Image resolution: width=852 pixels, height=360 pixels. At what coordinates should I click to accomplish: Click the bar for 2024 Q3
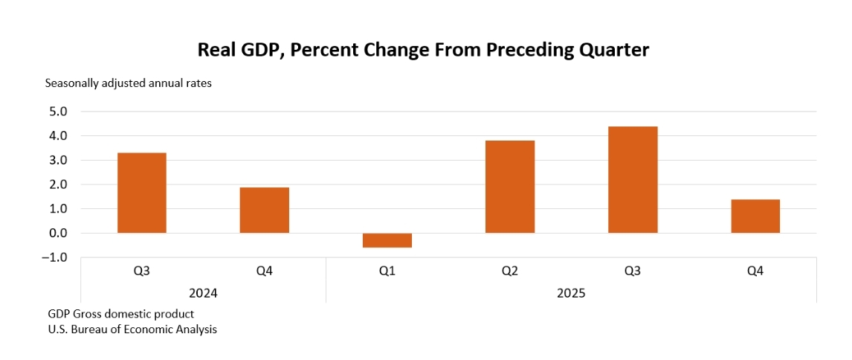point(141,193)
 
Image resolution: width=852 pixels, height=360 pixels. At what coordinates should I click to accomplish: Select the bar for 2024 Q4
point(264,210)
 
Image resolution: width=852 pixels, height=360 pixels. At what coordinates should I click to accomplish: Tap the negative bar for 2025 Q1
point(387,240)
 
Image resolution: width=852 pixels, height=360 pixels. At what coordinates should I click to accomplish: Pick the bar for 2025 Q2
point(509,187)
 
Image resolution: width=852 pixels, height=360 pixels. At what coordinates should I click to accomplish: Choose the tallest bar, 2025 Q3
point(633,179)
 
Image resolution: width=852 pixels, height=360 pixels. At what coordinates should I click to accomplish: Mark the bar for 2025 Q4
point(755,216)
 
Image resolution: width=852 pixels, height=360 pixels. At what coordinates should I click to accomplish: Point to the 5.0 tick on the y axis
point(57,112)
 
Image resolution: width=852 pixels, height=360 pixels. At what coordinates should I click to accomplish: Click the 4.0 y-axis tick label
point(57,136)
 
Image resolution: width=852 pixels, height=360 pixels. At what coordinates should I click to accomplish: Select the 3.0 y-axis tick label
point(57,161)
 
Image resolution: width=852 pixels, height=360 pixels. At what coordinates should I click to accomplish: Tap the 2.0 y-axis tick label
point(57,184)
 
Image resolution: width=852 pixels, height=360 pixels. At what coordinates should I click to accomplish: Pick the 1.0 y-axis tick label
point(57,209)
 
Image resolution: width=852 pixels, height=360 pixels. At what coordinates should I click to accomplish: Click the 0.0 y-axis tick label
point(57,234)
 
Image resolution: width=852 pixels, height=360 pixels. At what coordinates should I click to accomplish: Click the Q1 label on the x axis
point(387,271)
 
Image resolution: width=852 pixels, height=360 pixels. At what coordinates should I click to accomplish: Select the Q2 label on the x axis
point(509,271)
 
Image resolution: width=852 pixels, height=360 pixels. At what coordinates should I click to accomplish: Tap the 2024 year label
point(203,293)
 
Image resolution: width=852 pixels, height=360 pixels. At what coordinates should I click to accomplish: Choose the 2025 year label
point(571,293)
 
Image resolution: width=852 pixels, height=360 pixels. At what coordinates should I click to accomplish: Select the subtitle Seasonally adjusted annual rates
point(129,83)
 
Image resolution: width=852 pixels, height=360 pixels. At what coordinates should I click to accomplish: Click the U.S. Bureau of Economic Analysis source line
point(132,329)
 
